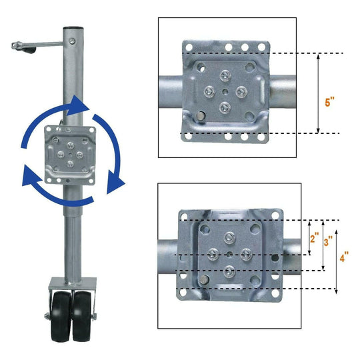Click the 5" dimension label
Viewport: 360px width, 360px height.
pyautogui.click(x=329, y=103)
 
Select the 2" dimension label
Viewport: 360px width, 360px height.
pyautogui.click(x=315, y=237)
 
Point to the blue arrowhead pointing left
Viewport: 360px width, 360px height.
pyautogui.click(x=30, y=178)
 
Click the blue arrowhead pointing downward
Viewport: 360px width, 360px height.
pyautogui.click(x=117, y=181)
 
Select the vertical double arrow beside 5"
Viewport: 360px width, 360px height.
pyautogui.click(x=319, y=93)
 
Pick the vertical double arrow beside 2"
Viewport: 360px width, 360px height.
pyautogui.click(x=309, y=237)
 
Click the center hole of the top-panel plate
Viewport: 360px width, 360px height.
pyautogui.click(x=226, y=93)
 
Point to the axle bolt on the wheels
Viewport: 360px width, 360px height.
pyautogui.click(x=45, y=316)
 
